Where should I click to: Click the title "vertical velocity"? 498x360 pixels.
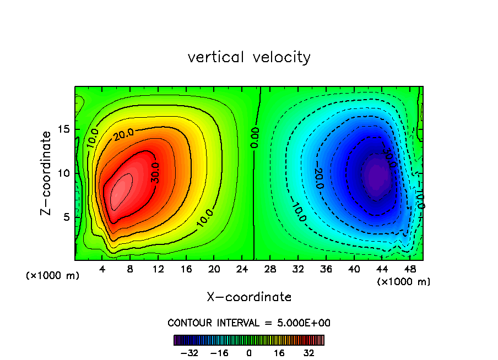249,57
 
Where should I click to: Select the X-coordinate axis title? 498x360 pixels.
249,297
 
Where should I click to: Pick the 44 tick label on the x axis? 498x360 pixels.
382,270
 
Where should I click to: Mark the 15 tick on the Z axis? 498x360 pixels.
64,129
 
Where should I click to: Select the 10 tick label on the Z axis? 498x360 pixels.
64,173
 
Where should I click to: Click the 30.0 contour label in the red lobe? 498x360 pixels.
155,172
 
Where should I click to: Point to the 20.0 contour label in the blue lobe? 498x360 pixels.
319,177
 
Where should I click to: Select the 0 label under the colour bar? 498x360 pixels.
249,353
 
